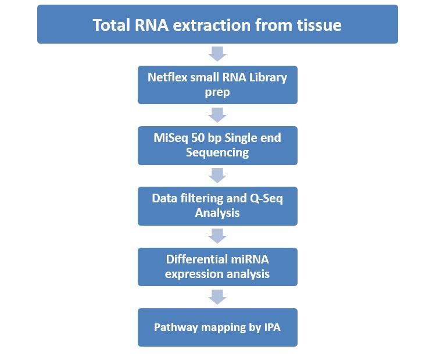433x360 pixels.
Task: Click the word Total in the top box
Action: pyautogui.click(x=112, y=25)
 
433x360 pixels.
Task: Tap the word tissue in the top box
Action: pyautogui.click(x=319, y=25)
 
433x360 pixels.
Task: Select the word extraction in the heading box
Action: pyautogui.click(x=212, y=25)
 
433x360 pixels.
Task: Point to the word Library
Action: pyautogui.click(x=268, y=77)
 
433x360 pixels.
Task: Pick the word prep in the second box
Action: pyautogui.click(x=217, y=92)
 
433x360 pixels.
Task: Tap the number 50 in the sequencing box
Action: pyautogui.click(x=198, y=138)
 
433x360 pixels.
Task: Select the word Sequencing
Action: pyautogui.click(x=217, y=152)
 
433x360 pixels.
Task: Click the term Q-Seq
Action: pyautogui.click(x=266, y=198)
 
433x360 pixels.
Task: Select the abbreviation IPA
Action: pyautogui.click(x=272, y=327)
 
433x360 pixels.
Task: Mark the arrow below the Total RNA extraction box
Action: pyautogui.click(x=217, y=54)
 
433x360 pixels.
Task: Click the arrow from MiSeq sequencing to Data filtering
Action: pyautogui.click(x=217, y=176)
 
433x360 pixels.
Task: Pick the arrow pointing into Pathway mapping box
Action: pyautogui.click(x=217, y=297)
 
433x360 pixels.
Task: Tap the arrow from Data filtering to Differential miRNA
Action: pyautogui.click(x=217, y=236)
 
